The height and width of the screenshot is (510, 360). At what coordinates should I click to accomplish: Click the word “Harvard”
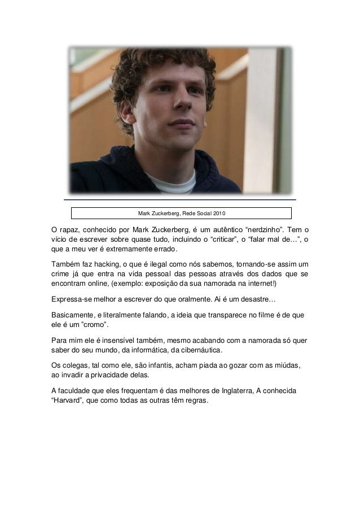(65, 402)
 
